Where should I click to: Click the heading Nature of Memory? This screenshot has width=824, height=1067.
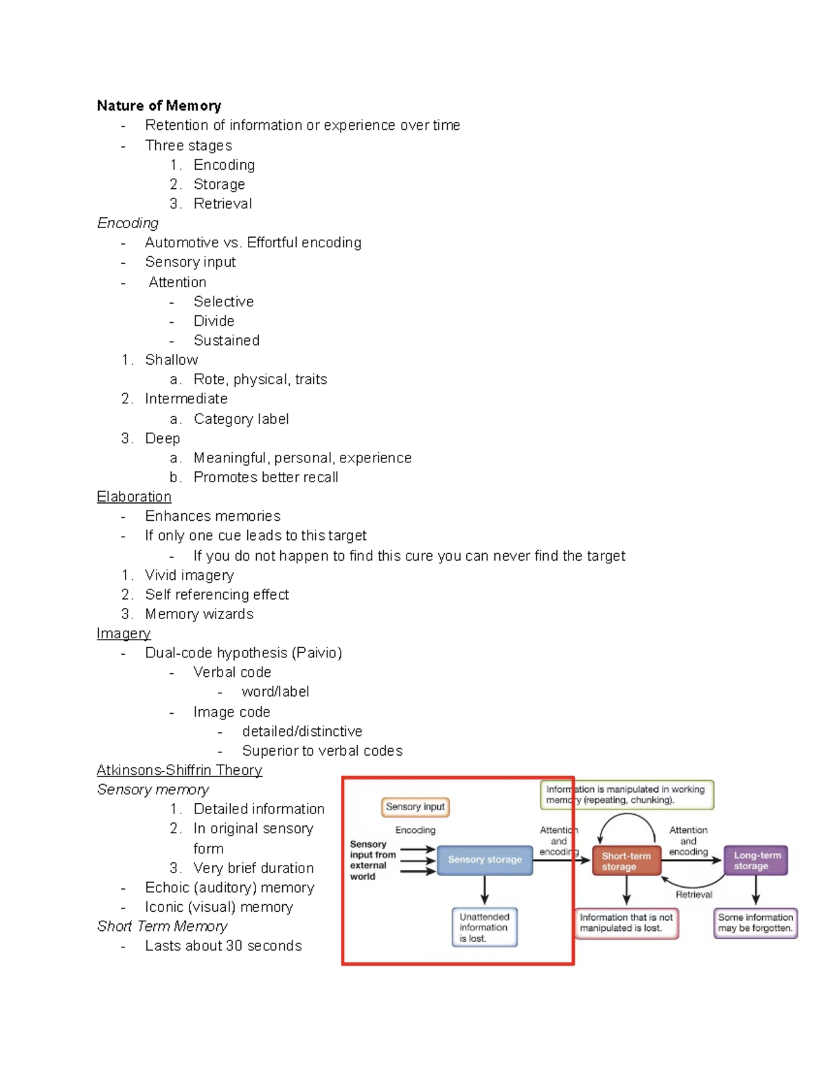coord(159,106)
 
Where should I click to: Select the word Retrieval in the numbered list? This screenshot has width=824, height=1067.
coord(222,203)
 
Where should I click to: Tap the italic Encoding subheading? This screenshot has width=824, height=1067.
coord(128,223)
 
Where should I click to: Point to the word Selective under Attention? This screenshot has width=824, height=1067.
coord(223,302)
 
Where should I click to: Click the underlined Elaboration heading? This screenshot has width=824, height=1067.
coord(134,497)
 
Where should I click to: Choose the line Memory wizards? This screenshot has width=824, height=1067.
coord(199,614)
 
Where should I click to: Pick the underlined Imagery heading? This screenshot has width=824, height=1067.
coord(124,633)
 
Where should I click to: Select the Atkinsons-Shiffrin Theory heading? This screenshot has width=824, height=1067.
coord(179,770)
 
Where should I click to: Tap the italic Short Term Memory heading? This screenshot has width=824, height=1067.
coord(162,926)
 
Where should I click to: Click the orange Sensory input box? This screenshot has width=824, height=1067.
coord(415,807)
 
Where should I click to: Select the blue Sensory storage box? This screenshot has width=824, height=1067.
coord(485,860)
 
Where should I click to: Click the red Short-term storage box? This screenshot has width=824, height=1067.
coord(626,861)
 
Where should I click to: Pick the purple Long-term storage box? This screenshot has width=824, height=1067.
coord(756,860)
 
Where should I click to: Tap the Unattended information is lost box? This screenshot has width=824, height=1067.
coord(484,928)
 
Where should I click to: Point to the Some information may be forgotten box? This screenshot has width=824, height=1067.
coord(755,923)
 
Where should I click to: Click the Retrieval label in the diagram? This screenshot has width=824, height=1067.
coord(694,895)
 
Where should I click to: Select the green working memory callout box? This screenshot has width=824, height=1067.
coord(626,795)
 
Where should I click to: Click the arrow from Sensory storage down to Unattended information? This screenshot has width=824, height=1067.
coord(485,890)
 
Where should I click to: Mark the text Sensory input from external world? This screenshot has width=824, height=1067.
coord(372,860)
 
